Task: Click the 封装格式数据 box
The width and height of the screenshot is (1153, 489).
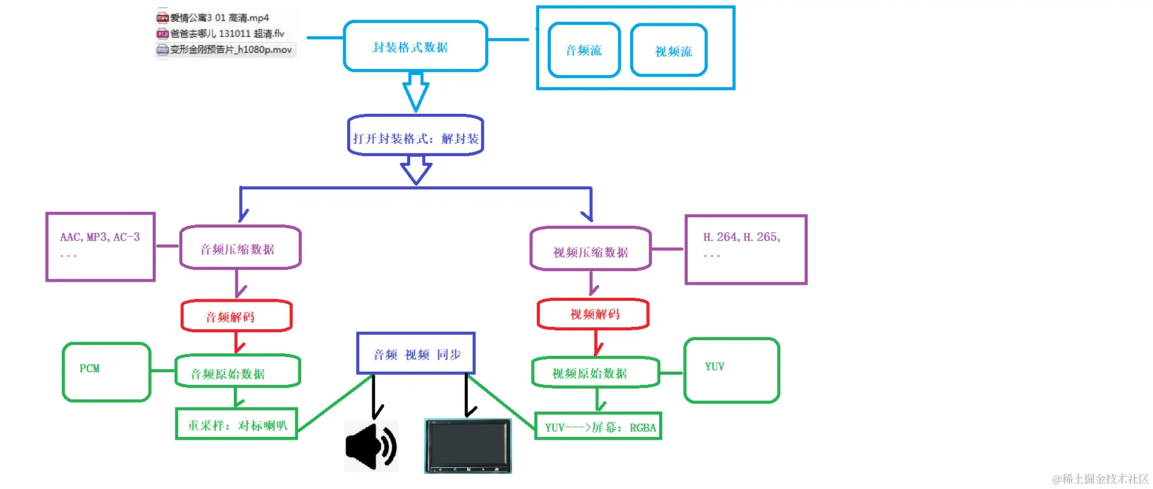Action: [415, 47]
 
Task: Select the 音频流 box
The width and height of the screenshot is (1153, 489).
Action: [583, 50]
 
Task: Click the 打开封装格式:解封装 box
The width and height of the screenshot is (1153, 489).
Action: [416, 138]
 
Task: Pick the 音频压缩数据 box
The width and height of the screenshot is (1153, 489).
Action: [240, 248]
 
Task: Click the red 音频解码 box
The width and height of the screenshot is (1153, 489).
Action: [236, 316]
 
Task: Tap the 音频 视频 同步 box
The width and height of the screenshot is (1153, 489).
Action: [416, 354]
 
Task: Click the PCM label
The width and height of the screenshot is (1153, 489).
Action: [90, 369]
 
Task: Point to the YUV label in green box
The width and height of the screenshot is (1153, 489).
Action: [714, 367]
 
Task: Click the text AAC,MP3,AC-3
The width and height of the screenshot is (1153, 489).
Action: [100, 237]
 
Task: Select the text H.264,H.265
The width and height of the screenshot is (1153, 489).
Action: [742, 237]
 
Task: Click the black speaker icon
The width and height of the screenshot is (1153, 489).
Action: [371, 447]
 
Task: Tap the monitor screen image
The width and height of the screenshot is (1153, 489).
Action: [467, 445]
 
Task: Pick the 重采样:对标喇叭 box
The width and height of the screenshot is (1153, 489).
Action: [236, 424]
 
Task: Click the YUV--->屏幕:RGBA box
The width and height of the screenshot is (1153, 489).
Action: [598, 427]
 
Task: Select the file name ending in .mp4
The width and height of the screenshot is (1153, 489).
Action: [219, 18]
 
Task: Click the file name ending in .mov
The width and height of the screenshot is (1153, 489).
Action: [230, 50]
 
